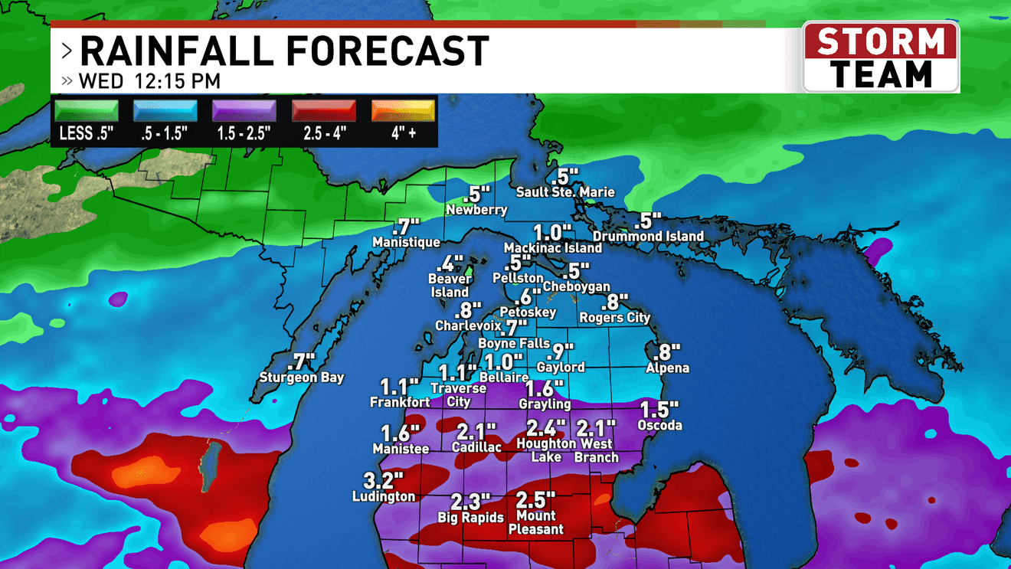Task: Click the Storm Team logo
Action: pos(880,57)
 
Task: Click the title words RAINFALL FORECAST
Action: pos(284,52)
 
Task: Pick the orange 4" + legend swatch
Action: pos(403,111)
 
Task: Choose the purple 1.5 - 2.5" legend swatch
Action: pos(244,111)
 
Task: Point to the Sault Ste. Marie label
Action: pos(565,191)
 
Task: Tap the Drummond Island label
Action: pos(648,237)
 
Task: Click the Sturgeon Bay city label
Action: pos(302,378)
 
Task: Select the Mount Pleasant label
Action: pos(536,523)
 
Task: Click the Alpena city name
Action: pos(667,368)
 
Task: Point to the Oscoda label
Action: pos(659,425)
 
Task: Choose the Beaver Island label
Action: pos(450,286)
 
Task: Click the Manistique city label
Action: pos(406,243)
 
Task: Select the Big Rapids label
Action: pos(471,518)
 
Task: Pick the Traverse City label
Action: pos(458,395)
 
